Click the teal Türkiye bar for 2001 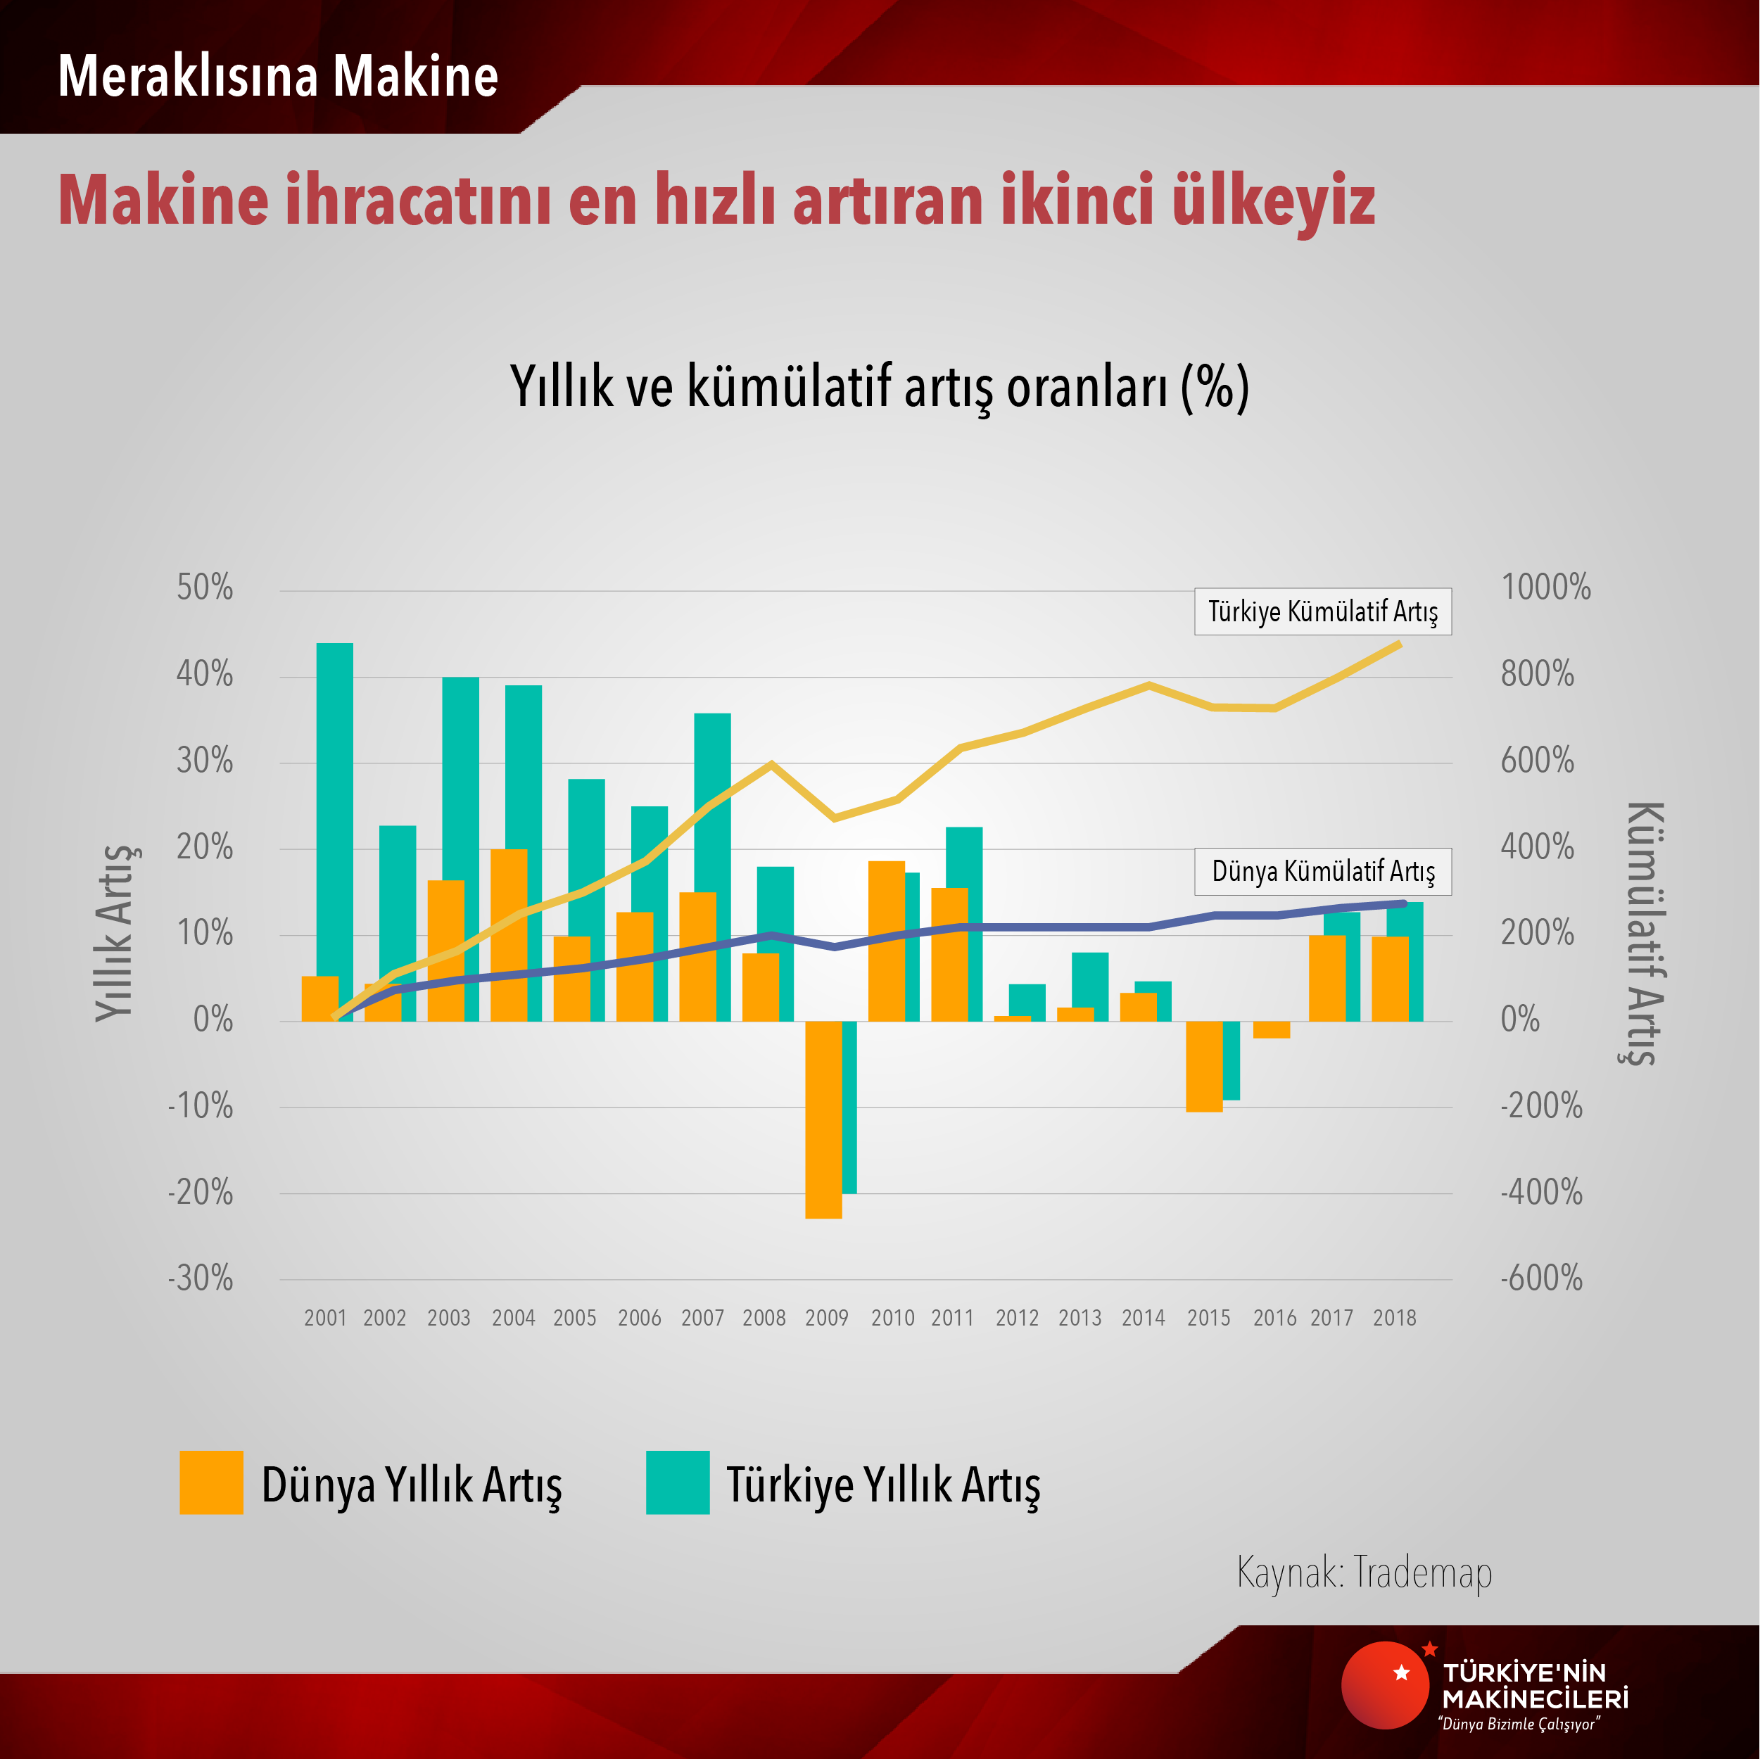334,820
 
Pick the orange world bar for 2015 1203,1066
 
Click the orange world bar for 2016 1271,1029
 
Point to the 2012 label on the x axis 1017,1318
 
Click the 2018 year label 1394,1318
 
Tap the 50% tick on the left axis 205,588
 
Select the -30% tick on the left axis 201,1279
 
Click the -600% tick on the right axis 1541,1279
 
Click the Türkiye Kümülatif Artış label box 1323,611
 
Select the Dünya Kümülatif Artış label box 1323,872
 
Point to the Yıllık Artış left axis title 117,933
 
